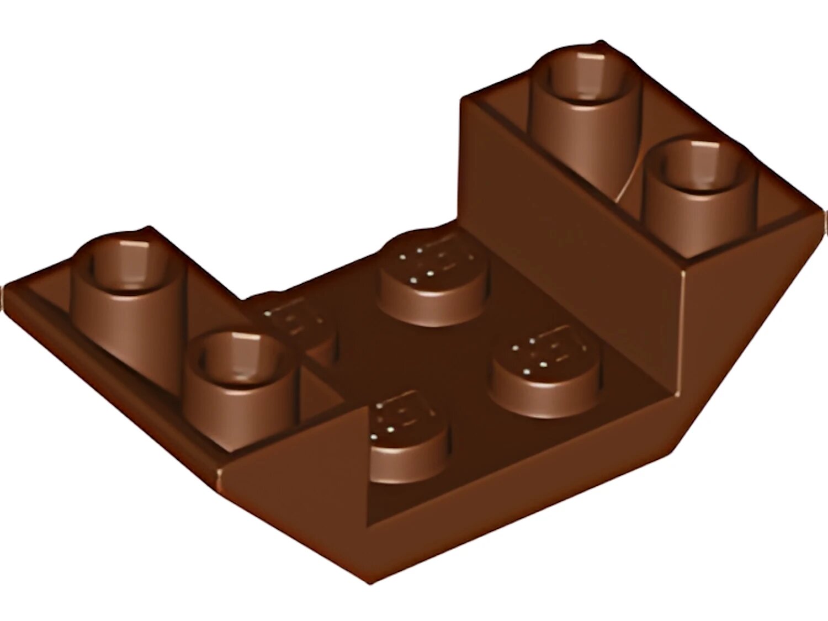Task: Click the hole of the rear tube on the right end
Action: pos(585,83)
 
